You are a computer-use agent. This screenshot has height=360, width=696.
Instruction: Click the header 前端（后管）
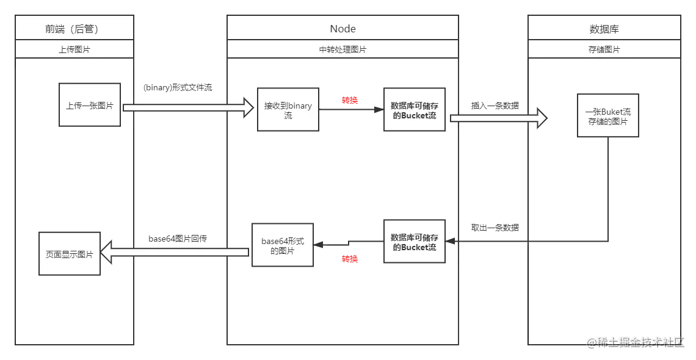tap(74, 29)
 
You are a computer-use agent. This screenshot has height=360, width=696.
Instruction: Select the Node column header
tap(343, 29)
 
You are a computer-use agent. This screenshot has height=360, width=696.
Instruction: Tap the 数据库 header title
tap(604, 29)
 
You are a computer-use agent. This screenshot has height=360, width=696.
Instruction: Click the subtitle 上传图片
tap(74, 49)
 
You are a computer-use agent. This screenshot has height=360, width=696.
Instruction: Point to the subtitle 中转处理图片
tap(343, 49)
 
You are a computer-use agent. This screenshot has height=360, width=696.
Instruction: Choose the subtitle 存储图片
tap(604, 49)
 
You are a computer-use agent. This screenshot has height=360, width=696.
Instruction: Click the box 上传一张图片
tap(90, 106)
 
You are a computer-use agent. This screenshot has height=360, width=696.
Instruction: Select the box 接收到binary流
tap(288, 110)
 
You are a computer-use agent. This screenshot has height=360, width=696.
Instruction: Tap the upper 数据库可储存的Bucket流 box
tap(415, 110)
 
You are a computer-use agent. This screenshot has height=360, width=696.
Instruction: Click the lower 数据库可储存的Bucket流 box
tap(415, 242)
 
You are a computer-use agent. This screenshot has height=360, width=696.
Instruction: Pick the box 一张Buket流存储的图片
tap(607, 117)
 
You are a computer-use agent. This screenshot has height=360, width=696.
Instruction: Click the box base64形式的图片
tap(282, 245)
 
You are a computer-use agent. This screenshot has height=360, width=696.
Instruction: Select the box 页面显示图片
tap(70, 254)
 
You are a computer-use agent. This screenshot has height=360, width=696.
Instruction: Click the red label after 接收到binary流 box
tap(350, 99)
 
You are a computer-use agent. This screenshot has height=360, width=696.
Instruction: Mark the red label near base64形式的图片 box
tap(350, 259)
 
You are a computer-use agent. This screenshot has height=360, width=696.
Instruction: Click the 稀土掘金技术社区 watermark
tap(635, 342)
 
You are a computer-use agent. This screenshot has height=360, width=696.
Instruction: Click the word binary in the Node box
tap(300, 106)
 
